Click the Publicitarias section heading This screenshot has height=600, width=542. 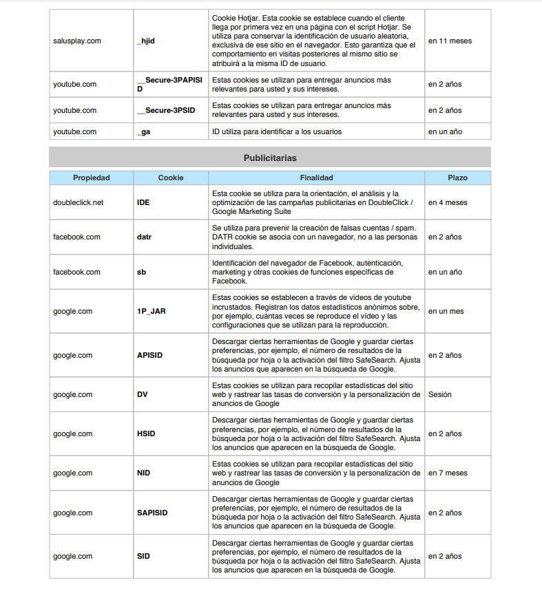click(270, 158)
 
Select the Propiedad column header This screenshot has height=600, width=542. click(92, 178)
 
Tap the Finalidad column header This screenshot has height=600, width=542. click(316, 178)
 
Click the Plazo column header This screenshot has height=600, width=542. click(457, 178)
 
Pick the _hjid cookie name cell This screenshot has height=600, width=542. click(146, 41)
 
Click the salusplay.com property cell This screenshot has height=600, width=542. click(77, 41)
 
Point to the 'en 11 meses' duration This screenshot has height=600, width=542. click(450, 41)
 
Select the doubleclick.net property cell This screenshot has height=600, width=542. click(79, 203)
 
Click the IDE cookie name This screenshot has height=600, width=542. click(144, 203)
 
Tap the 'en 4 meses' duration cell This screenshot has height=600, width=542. click(448, 203)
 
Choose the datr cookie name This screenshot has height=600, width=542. click(144, 237)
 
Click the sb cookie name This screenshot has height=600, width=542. click(141, 272)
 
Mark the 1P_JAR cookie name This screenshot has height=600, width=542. click(152, 311)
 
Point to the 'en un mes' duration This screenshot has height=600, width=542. click(446, 311)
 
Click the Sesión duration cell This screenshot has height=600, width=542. click(441, 395)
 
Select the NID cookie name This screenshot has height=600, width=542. click(144, 473)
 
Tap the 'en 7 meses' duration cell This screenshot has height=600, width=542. click(448, 473)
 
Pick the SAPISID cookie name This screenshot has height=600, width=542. click(152, 513)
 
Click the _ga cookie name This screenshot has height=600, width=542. click(143, 131)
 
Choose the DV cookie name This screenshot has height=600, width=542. click(143, 395)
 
